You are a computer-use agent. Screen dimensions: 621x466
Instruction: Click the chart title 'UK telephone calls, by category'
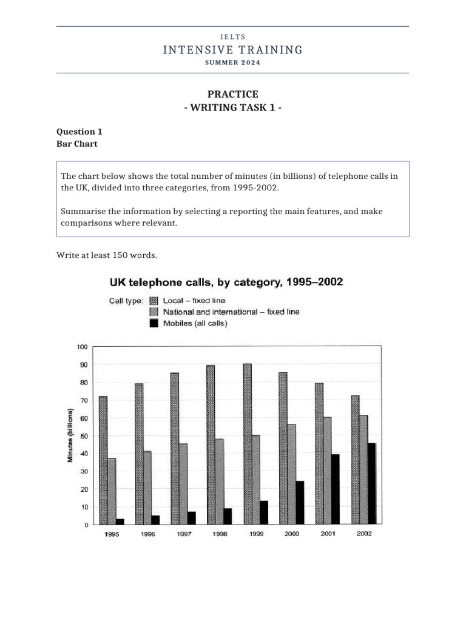(x=226, y=282)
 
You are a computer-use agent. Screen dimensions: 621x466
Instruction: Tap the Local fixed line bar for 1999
(x=247, y=444)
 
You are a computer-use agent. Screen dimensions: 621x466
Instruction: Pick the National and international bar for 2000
(x=291, y=474)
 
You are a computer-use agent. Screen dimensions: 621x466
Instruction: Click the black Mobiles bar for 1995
(x=120, y=521)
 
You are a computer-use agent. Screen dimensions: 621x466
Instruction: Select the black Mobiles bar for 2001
(x=336, y=489)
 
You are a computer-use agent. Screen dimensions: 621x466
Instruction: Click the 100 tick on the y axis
(x=82, y=347)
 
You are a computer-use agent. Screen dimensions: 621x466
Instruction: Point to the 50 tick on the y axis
(x=84, y=436)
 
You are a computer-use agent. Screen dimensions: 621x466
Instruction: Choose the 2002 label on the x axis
(x=365, y=534)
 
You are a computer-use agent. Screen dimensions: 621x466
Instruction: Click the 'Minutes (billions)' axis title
(x=70, y=436)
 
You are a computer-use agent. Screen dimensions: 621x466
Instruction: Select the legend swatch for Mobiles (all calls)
(x=154, y=323)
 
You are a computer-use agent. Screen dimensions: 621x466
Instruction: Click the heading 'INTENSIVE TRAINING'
(x=232, y=50)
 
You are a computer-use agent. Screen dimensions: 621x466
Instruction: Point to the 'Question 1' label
(x=76, y=132)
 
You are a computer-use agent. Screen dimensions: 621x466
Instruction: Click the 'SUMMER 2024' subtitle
(x=232, y=63)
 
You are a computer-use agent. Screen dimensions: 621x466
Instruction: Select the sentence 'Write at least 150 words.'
(x=107, y=255)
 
